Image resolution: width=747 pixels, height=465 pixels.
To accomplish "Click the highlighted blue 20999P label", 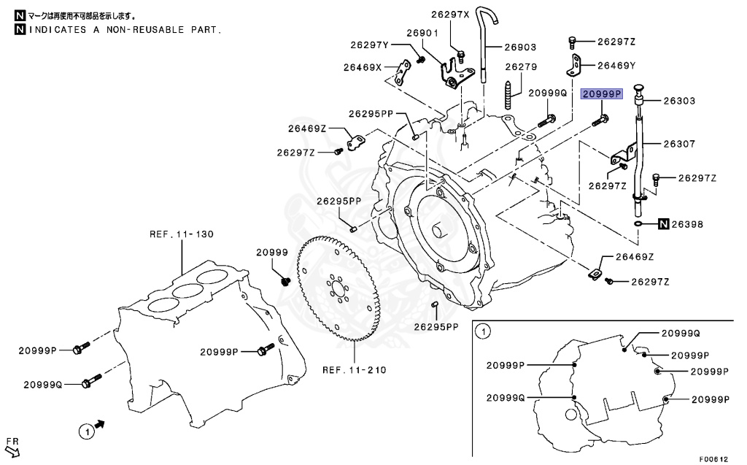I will (x=600, y=94).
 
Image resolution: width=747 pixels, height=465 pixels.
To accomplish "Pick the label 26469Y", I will (x=616, y=65).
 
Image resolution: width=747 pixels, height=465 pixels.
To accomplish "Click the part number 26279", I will (x=522, y=66).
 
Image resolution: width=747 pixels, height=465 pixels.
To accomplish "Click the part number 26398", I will (x=687, y=224).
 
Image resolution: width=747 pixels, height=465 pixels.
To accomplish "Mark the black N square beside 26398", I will (x=663, y=224).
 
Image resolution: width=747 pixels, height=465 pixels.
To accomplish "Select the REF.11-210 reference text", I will (x=355, y=369).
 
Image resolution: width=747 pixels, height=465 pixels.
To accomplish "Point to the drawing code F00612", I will (x=716, y=459).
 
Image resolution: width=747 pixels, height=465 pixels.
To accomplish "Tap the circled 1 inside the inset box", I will (x=481, y=333).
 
